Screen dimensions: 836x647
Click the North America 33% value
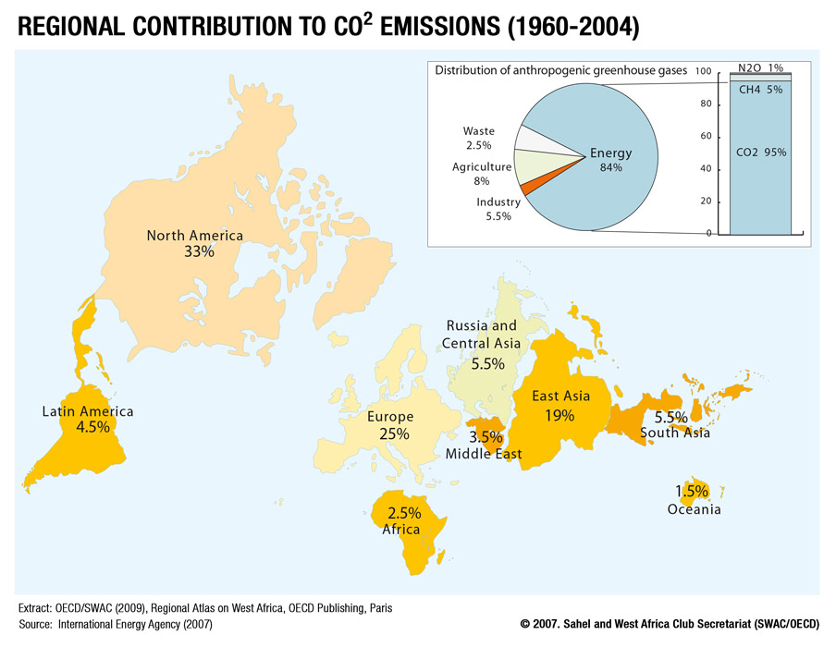(200, 251)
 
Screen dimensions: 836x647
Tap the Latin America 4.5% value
(92, 427)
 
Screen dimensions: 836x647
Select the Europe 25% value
(394, 433)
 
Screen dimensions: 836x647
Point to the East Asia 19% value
(559, 415)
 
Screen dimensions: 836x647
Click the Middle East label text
(484, 454)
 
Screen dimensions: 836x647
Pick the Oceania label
(695, 509)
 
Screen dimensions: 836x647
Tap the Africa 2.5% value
(404, 513)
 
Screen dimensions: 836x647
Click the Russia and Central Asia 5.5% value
(488, 364)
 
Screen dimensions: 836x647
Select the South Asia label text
(675, 433)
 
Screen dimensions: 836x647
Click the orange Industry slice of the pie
(525, 187)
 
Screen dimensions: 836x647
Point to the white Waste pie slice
(534, 140)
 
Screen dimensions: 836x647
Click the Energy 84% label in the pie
(611, 159)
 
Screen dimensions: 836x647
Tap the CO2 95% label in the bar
(761, 153)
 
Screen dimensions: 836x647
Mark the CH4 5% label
(761, 90)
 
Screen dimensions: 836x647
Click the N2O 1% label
(761, 67)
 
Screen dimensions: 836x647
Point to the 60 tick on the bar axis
(706, 136)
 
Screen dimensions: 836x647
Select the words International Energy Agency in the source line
(119, 624)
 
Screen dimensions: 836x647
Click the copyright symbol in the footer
(525, 624)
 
